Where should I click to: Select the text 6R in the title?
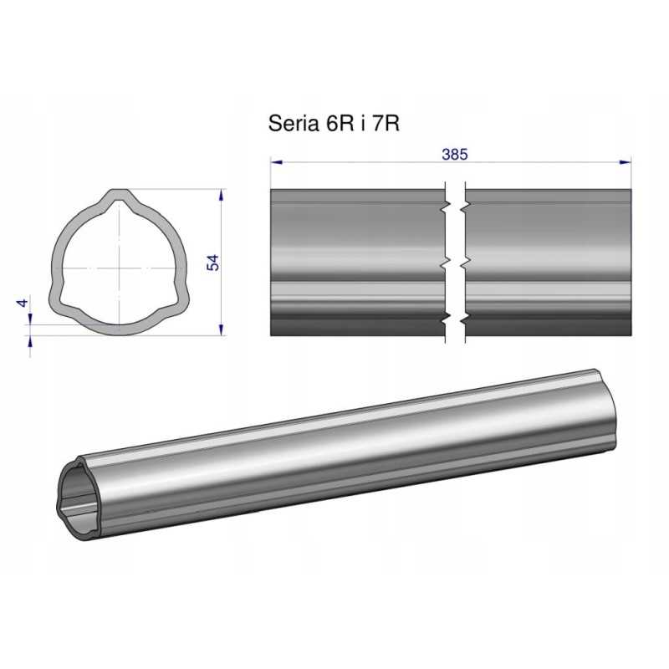click(x=340, y=123)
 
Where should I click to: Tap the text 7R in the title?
click(x=386, y=123)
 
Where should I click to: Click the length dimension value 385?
click(x=455, y=154)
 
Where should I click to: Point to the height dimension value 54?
click(x=212, y=263)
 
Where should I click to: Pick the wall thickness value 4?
click(x=23, y=303)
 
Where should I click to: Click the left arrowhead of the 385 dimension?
click(x=277, y=162)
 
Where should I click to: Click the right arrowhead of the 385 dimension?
click(x=626, y=162)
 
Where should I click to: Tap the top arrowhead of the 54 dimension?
click(x=221, y=195)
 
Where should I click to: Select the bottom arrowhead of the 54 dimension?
click(x=221, y=329)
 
